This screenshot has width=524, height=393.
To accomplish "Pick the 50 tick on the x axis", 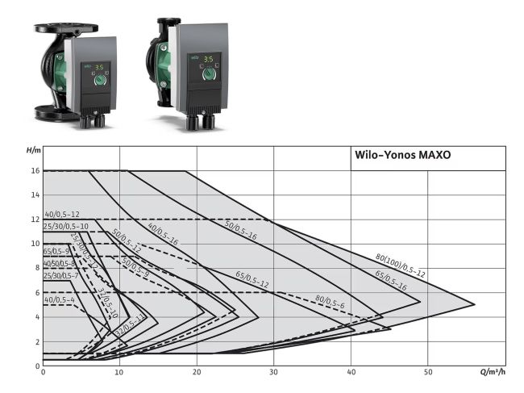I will [x=427, y=372].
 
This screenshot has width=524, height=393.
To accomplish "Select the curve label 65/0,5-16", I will [x=391, y=279].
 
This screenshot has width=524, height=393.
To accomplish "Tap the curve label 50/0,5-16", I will [x=240, y=230].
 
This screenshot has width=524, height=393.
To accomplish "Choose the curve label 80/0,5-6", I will [x=330, y=302].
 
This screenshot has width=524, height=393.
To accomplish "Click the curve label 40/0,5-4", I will [x=59, y=300].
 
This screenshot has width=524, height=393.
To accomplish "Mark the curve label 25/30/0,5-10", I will [x=65, y=227].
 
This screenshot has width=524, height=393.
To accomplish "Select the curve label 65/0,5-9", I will [x=57, y=252].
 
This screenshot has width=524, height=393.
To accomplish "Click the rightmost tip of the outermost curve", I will [x=474, y=304].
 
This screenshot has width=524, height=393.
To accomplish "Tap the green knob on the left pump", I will [x=101, y=81].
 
